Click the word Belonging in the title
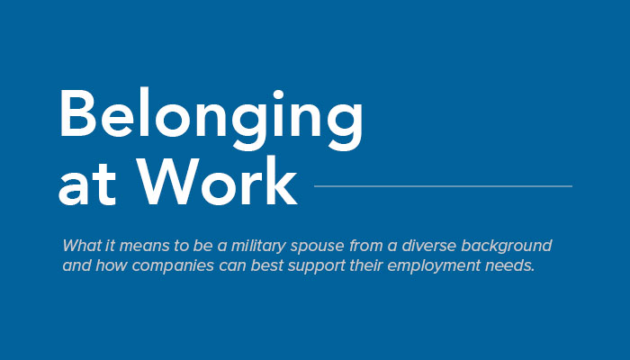click(211, 120)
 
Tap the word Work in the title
click(217, 181)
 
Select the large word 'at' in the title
click(87, 186)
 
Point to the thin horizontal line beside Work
click(443, 186)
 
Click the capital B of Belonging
click(78, 112)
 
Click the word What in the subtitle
click(82, 245)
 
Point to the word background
click(506, 247)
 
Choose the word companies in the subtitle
click(173, 266)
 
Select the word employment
click(434, 267)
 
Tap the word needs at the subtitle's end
click(510, 265)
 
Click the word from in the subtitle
click(366, 246)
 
